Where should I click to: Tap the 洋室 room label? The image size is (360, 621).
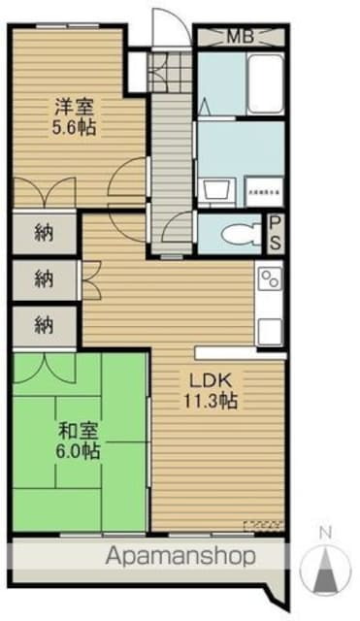pyautogui.click(x=72, y=107)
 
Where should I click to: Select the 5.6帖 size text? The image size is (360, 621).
pyautogui.click(x=74, y=127)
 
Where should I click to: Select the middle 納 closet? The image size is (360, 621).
pyautogui.click(x=43, y=280)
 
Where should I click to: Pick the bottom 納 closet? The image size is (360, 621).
pyautogui.click(x=43, y=325)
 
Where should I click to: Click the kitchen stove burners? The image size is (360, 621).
pyautogui.click(x=269, y=280)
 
